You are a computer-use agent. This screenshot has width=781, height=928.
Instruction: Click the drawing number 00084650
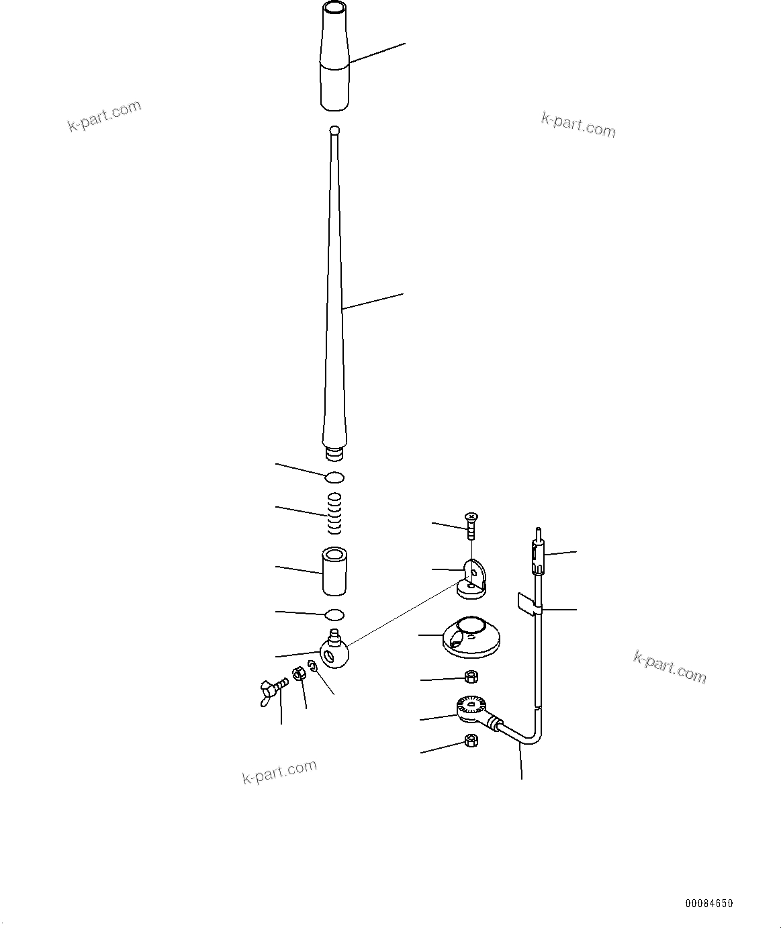[708, 903]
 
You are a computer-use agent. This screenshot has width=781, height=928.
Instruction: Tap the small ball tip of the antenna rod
[335, 130]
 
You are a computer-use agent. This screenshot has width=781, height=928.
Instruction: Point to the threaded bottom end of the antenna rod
[334, 455]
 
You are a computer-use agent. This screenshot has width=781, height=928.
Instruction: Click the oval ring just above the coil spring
[334, 477]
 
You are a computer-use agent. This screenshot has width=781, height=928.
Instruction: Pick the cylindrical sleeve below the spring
[334, 571]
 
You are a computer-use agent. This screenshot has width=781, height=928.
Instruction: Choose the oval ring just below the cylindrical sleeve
[334, 614]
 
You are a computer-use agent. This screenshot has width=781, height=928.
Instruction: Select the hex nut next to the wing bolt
[300, 674]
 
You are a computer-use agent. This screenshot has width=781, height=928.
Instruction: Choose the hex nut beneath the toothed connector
[471, 741]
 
